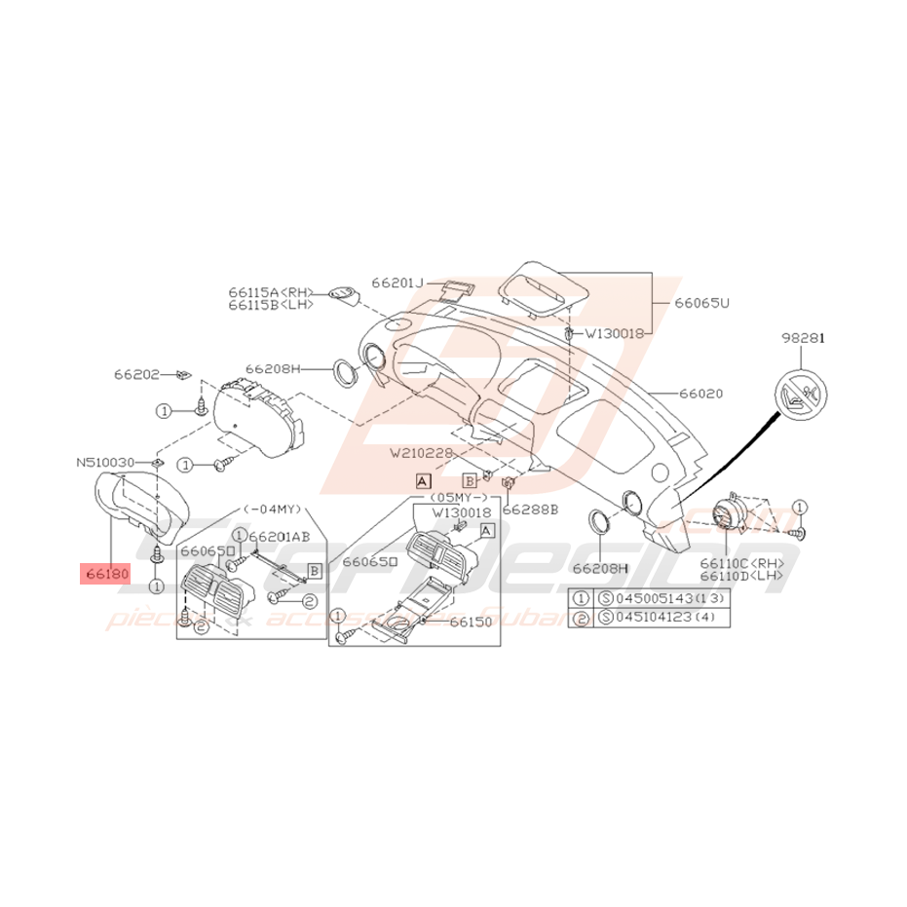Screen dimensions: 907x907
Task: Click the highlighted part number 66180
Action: pyautogui.click(x=105, y=574)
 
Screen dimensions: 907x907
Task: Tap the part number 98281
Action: pyautogui.click(x=803, y=338)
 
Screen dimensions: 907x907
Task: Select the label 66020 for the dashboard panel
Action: pyautogui.click(x=701, y=395)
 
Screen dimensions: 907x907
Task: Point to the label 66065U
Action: pyautogui.click(x=700, y=303)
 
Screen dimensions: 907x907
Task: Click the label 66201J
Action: pyautogui.click(x=397, y=283)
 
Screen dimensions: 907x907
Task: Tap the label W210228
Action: pyautogui.click(x=424, y=452)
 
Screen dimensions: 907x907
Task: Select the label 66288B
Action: pyautogui.click(x=530, y=510)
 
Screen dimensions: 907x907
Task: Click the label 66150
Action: pyautogui.click(x=472, y=621)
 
